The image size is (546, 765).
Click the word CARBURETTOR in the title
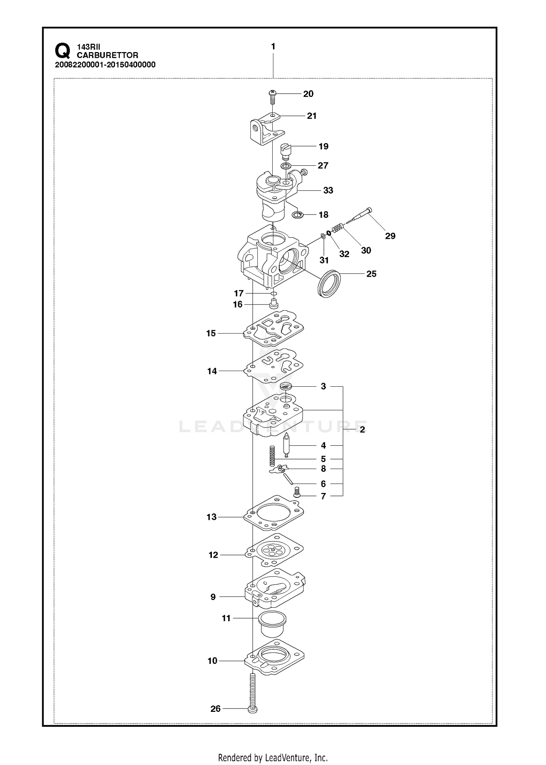[107, 55]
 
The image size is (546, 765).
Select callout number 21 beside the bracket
[312, 116]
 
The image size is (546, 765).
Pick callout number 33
[328, 190]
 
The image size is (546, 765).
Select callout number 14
[212, 371]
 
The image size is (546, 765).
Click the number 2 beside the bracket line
[362, 430]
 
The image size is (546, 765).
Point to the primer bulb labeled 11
[273, 624]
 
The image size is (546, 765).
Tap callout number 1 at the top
[273, 47]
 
